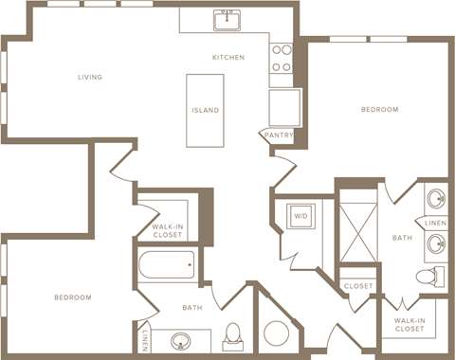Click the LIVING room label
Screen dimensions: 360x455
(90, 77)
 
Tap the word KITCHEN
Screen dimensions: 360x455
(228, 58)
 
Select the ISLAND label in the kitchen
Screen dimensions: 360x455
(205, 110)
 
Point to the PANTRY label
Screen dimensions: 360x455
(278, 135)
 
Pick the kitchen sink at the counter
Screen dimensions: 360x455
(227, 20)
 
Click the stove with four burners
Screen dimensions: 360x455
(282, 57)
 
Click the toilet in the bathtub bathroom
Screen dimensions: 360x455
(233, 335)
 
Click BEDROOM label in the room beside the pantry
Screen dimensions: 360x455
(379, 110)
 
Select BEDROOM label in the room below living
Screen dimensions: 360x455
(72, 297)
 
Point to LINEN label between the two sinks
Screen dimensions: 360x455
(435, 223)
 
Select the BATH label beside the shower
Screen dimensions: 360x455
(403, 238)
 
